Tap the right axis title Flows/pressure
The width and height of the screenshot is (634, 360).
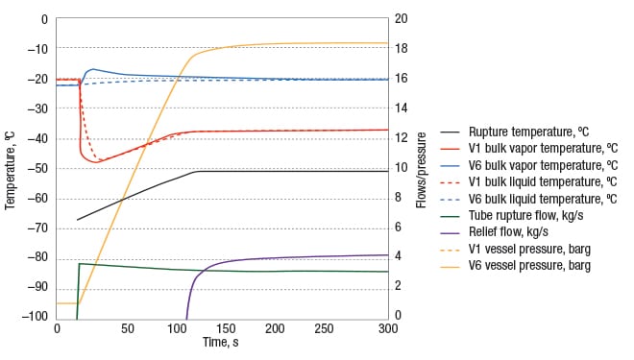coord(421,169)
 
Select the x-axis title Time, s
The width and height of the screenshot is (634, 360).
coord(222,343)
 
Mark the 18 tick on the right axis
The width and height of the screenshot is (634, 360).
coord(404,49)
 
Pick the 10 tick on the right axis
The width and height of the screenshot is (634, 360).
coord(404,168)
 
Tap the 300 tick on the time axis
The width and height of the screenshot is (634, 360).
coord(388,328)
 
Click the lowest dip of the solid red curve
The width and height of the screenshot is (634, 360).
coord(96,161)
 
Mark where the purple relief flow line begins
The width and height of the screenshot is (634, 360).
coord(186,317)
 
